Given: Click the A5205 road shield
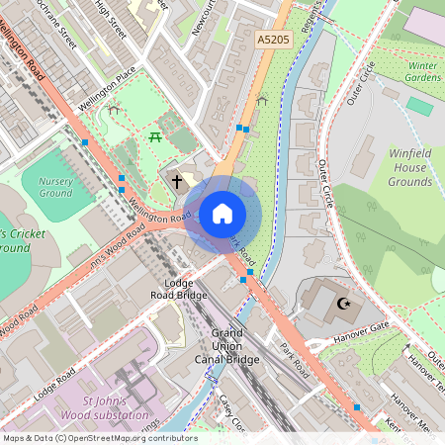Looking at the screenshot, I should coord(272,40).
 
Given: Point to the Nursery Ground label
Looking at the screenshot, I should coord(55,187).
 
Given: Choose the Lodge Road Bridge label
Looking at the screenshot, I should coord(178,289).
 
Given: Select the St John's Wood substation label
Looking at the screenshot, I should coord(116,407).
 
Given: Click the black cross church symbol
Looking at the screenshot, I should coord(177,181).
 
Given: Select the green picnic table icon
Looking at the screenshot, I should coord(156,135).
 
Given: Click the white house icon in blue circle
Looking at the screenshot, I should coord(222,213).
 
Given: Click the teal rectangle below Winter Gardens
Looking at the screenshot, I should coord(419,106).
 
